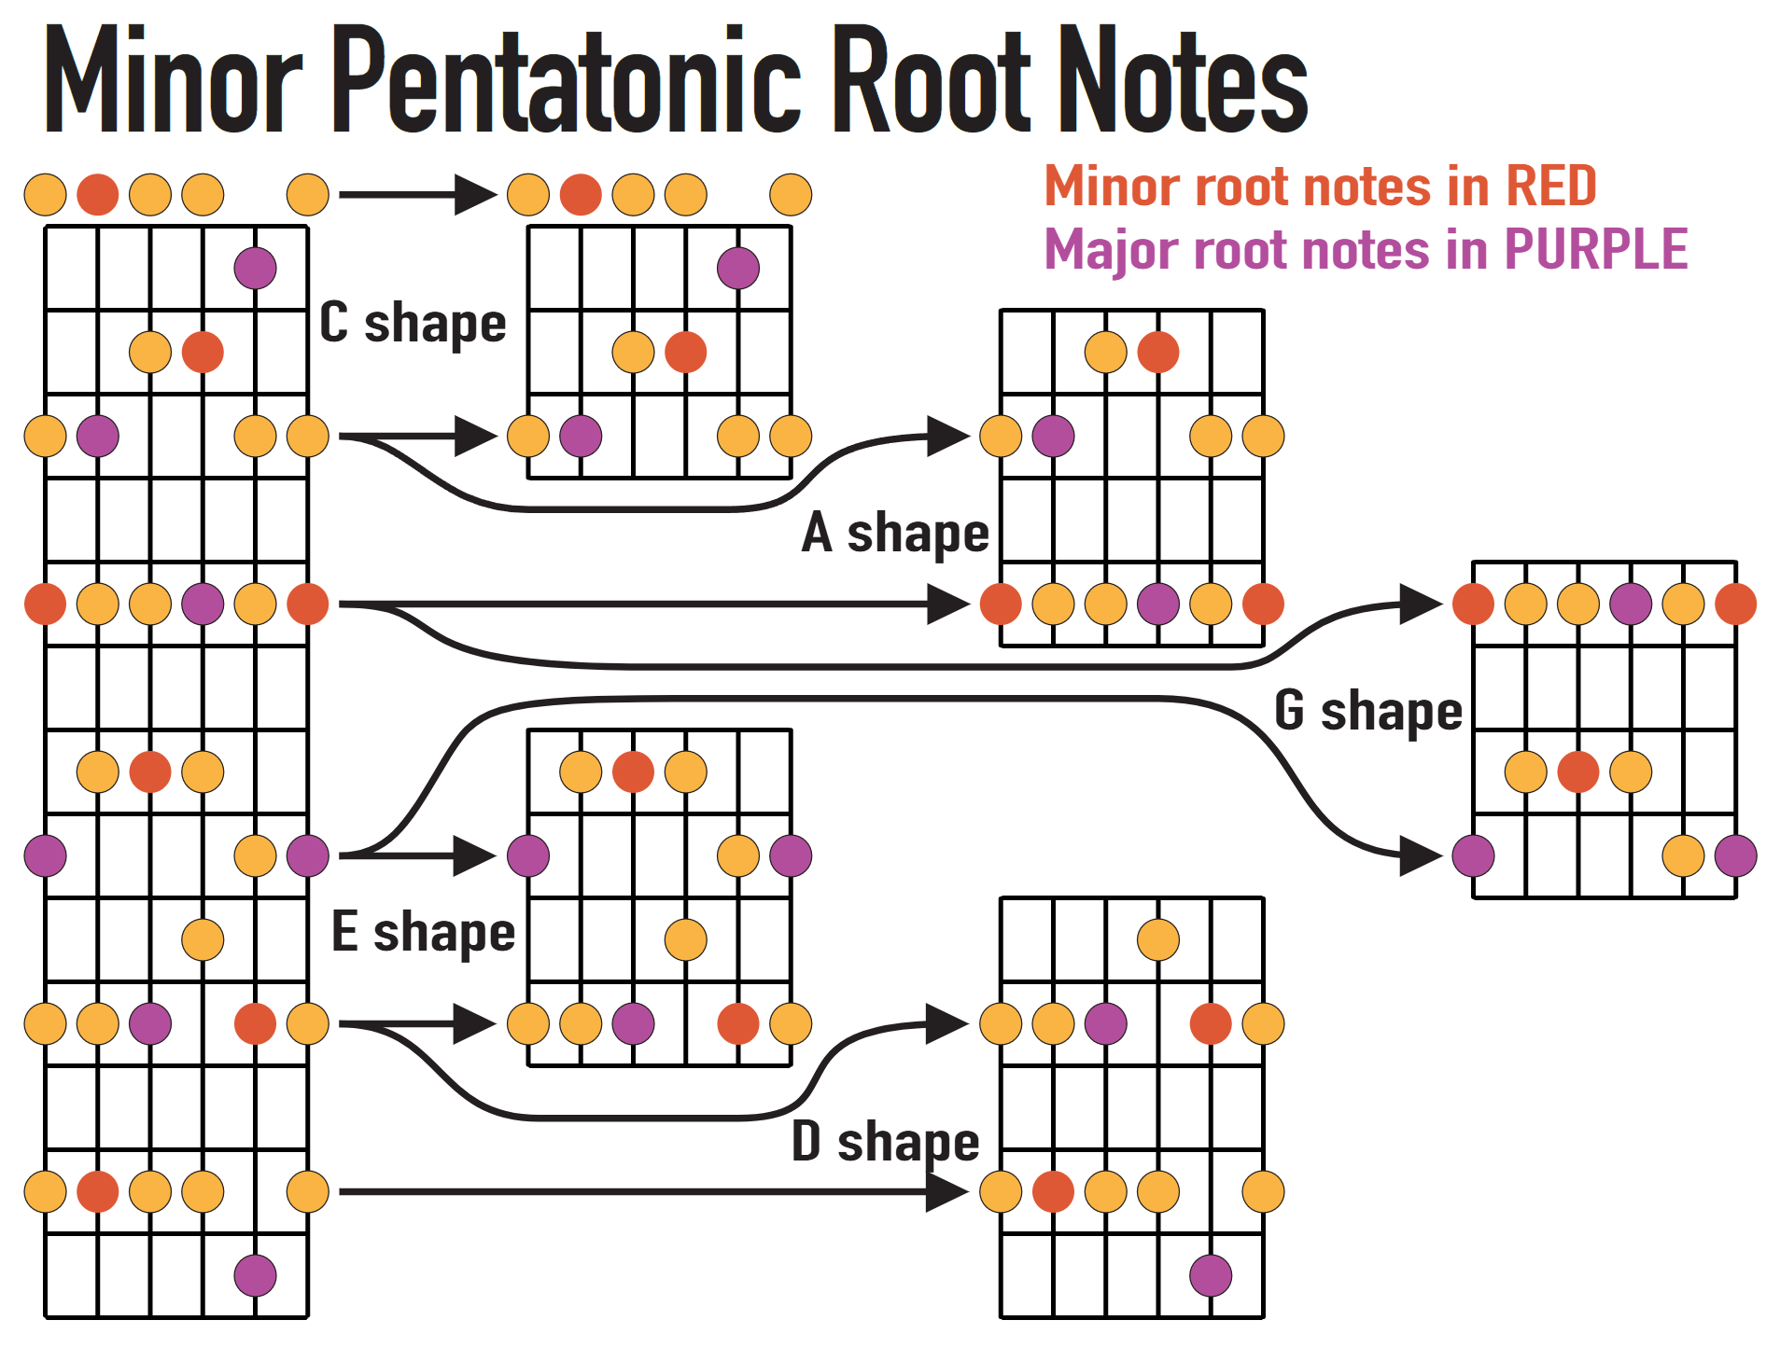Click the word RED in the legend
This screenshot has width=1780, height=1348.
(x=1550, y=186)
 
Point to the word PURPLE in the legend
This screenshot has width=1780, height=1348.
(x=1595, y=249)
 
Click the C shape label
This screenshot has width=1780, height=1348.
(x=413, y=324)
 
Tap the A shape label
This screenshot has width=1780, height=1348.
(x=895, y=533)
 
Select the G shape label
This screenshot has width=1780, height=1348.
(x=1367, y=711)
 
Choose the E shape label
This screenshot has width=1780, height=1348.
(x=423, y=931)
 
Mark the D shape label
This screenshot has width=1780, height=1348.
(x=885, y=1141)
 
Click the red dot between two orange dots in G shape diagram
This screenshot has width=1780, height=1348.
(x=1578, y=771)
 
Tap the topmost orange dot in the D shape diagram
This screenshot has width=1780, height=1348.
(x=1158, y=939)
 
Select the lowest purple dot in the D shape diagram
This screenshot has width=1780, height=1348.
(x=1211, y=1275)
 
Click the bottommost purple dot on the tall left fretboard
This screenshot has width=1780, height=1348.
(x=255, y=1275)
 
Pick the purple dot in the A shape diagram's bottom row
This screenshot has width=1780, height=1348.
(x=1158, y=604)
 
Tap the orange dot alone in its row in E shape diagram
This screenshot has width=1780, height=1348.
(x=686, y=939)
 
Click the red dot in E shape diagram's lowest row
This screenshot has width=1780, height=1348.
(x=738, y=1023)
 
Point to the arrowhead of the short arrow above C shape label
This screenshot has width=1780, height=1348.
(x=476, y=195)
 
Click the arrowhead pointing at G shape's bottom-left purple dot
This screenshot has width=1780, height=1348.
(x=1422, y=855)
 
